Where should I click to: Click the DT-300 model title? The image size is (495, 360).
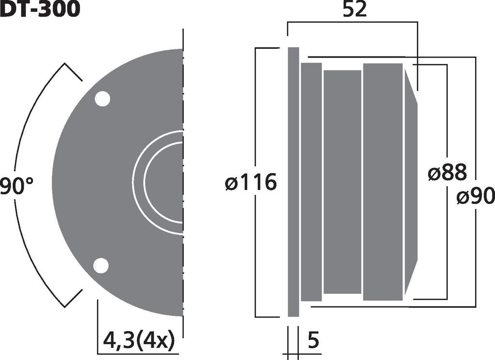point(40,9)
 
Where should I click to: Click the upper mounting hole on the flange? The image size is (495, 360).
point(102,99)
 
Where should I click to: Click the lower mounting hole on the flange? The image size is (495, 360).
point(101,265)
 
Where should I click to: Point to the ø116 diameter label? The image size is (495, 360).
point(251,183)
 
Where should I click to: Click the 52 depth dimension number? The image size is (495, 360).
point(355,10)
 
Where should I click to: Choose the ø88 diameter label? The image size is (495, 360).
point(448,173)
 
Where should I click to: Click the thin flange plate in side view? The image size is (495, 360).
point(293,182)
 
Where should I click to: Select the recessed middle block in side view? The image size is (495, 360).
point(342,182)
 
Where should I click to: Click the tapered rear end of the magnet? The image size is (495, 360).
point(410,182)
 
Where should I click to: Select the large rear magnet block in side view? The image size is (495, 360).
point(383,182)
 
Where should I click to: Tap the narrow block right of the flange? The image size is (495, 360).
point(311,182)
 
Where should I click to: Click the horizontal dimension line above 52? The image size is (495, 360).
point(352,22)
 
